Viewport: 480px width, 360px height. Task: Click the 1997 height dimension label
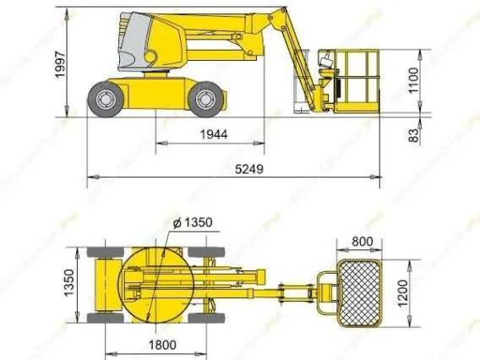pos(60,64)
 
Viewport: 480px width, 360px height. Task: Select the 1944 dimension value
pos(214,134)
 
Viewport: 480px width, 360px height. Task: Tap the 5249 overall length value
pos(249,169)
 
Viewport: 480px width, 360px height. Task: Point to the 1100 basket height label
pos(413,80)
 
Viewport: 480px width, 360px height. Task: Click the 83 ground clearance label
pos(413,135)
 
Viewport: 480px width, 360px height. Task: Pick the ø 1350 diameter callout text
pos(193,222)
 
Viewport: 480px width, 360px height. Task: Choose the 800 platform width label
pos(363,242)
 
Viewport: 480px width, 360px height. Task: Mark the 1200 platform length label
pos(402,293)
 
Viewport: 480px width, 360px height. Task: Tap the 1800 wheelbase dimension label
pos(162,345)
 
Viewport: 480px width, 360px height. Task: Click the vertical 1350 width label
pos(69,283)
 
